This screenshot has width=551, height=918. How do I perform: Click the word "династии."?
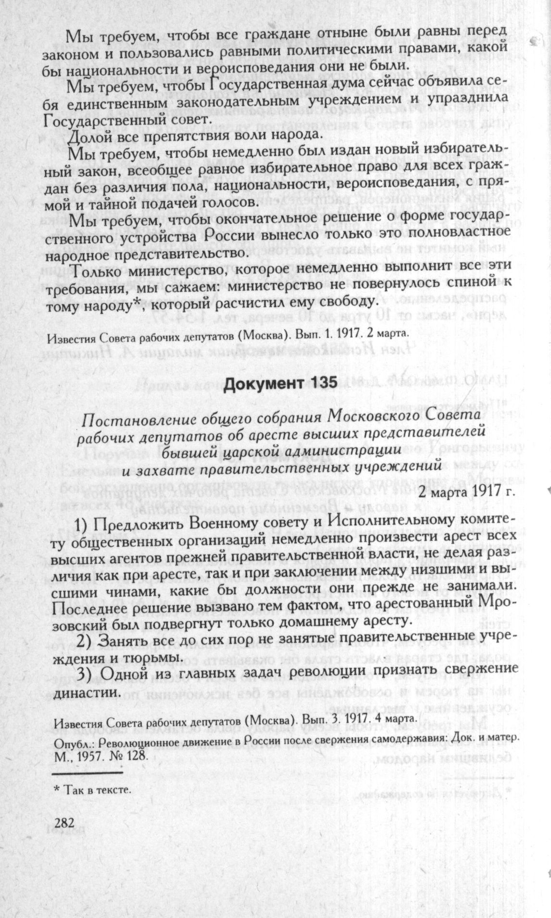click(84, 693)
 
